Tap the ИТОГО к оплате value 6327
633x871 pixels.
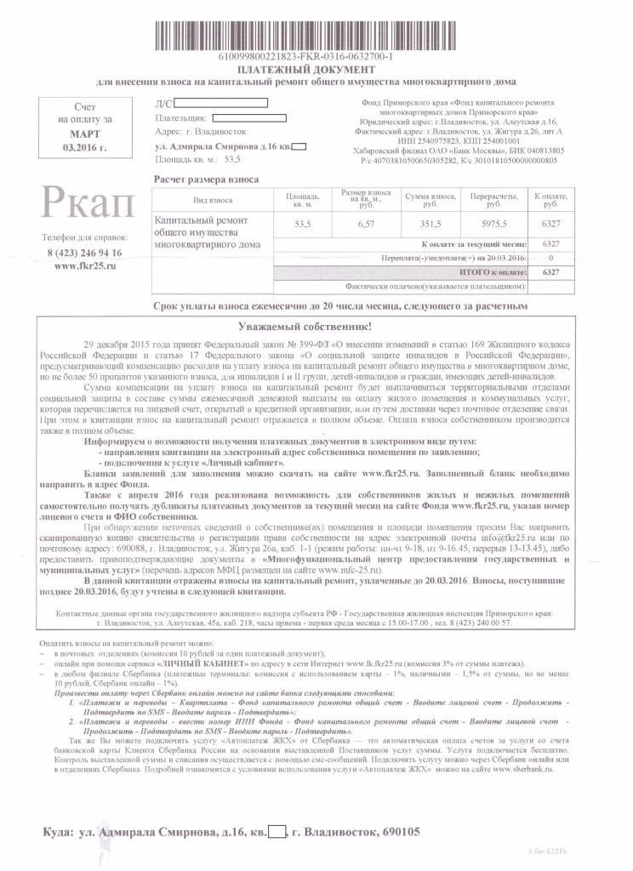550,271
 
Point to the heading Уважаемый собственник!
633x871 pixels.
316,326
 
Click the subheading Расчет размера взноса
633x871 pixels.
205,179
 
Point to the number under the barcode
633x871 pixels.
315,56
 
